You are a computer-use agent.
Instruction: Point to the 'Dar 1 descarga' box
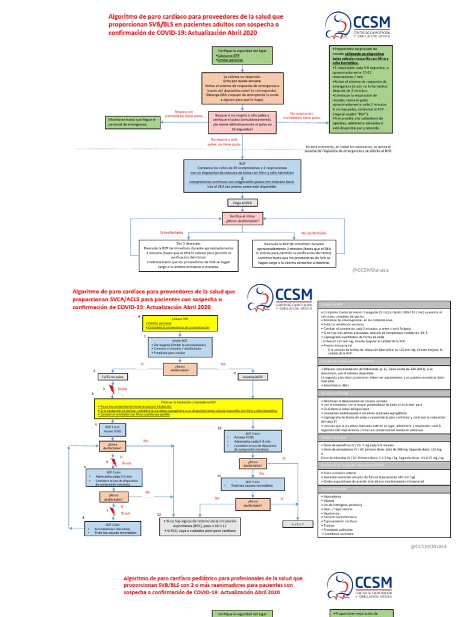[180, 254]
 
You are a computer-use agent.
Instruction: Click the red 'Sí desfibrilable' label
[171, 233]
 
